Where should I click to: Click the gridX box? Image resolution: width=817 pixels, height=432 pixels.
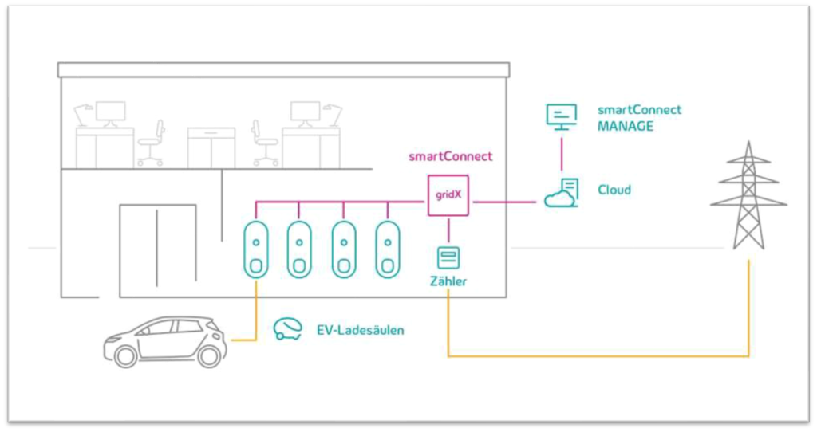point(448,195)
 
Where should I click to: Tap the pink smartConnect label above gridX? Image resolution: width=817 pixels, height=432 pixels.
point(450,156)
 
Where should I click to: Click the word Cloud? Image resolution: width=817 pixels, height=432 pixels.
point(614,190)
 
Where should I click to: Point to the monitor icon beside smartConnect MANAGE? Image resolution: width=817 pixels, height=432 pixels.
point(561,116)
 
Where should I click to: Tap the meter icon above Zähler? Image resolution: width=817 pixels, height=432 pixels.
point(448,258)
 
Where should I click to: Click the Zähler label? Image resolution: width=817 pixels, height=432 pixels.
point(448,281)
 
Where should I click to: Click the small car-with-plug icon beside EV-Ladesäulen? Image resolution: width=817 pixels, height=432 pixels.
point(287,328)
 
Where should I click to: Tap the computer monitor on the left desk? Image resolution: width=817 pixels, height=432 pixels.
point(110,112)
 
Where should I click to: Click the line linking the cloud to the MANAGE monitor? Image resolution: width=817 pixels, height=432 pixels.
point(562,155)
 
